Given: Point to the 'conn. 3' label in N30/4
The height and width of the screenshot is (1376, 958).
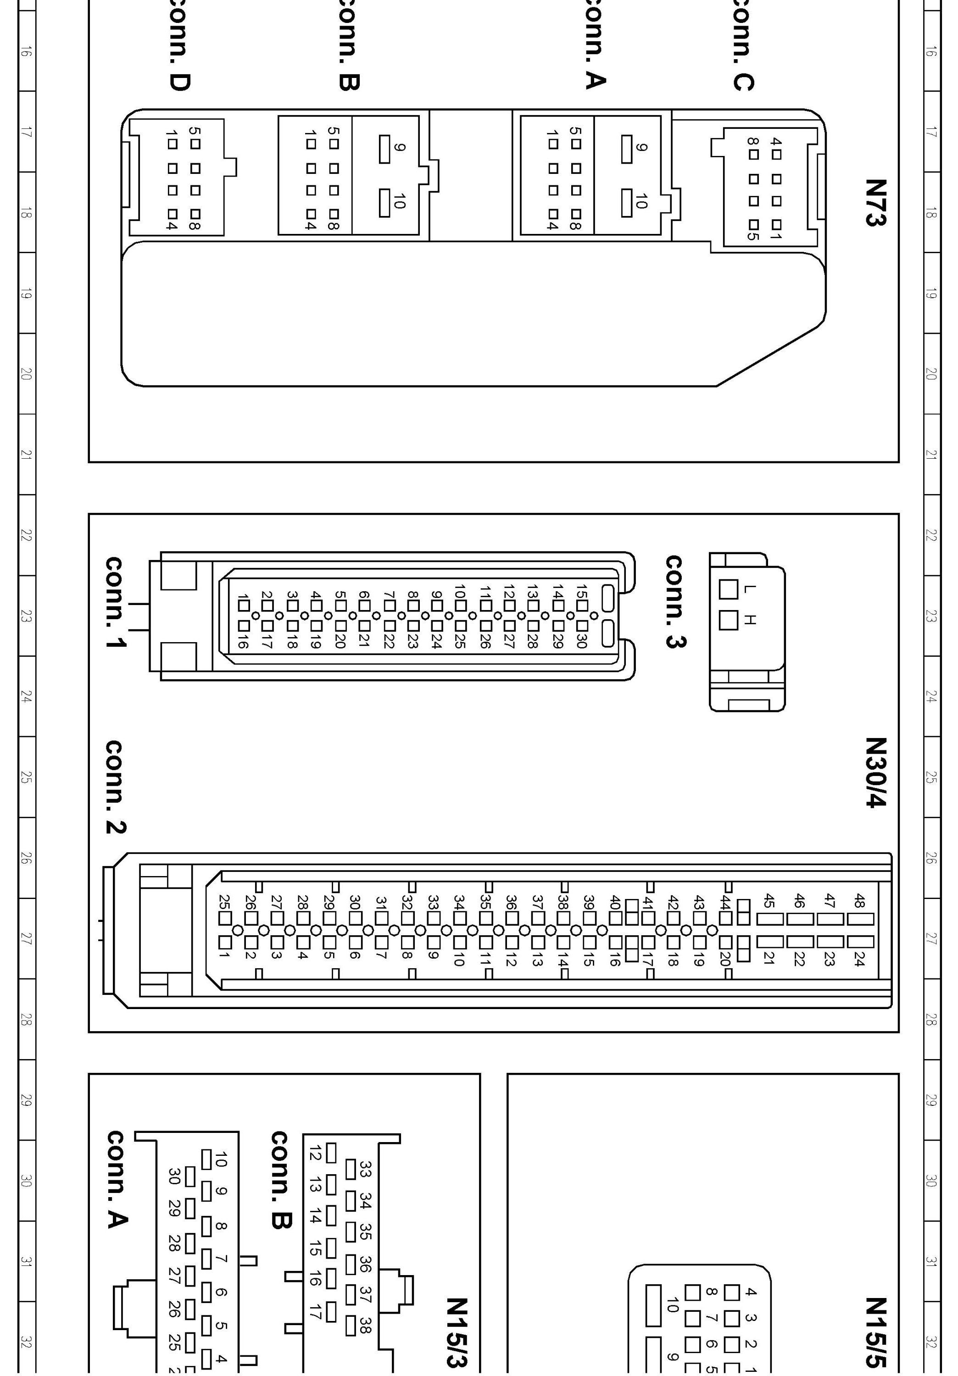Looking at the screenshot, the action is (x=675, y=602).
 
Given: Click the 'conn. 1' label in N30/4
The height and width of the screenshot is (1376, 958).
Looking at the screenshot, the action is (x=115, y=603).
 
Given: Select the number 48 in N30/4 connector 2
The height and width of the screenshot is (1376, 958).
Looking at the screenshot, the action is (x=859, y=900).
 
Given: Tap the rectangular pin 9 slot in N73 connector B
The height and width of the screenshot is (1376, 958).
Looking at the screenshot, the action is (x=384, y=149).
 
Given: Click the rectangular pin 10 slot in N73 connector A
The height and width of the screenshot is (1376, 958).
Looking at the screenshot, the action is (x=626, y=203).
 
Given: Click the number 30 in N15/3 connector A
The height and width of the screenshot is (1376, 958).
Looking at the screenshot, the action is (x=174, y=1176).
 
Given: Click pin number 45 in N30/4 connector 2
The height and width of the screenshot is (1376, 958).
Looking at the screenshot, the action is (x=769, y=900).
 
